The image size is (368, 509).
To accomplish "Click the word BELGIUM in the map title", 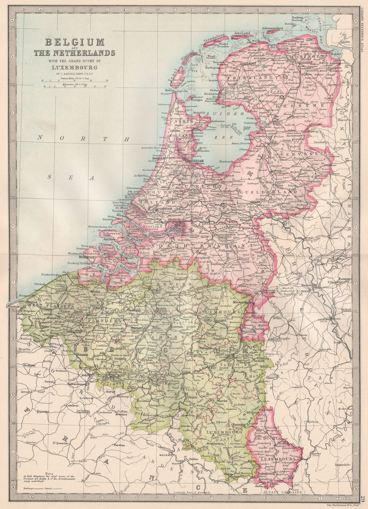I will tap(75, 42).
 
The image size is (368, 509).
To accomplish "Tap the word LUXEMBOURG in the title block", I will tap(75, 67).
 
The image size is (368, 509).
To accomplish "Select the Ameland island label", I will tap(242, 33).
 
